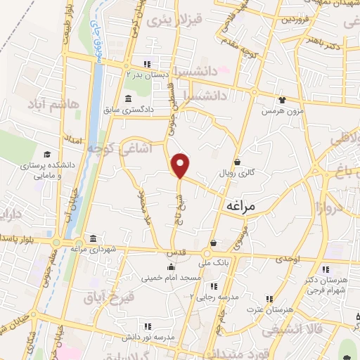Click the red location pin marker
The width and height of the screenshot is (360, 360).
[181, 165]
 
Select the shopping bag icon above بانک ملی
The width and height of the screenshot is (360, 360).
[213, 243]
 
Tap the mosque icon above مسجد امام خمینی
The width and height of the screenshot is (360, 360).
[170, 266]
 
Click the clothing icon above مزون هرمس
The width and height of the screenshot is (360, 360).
[282, 101]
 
